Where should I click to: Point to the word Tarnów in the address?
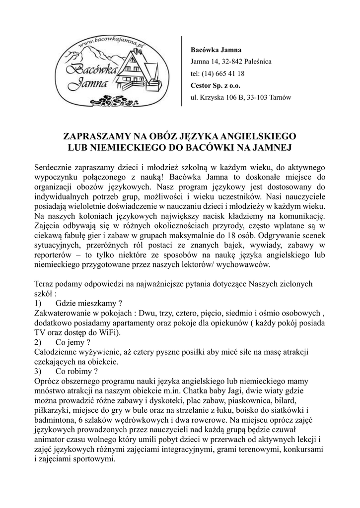(x=281, y=97)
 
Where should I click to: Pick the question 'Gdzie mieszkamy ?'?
(x=89, y=304)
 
